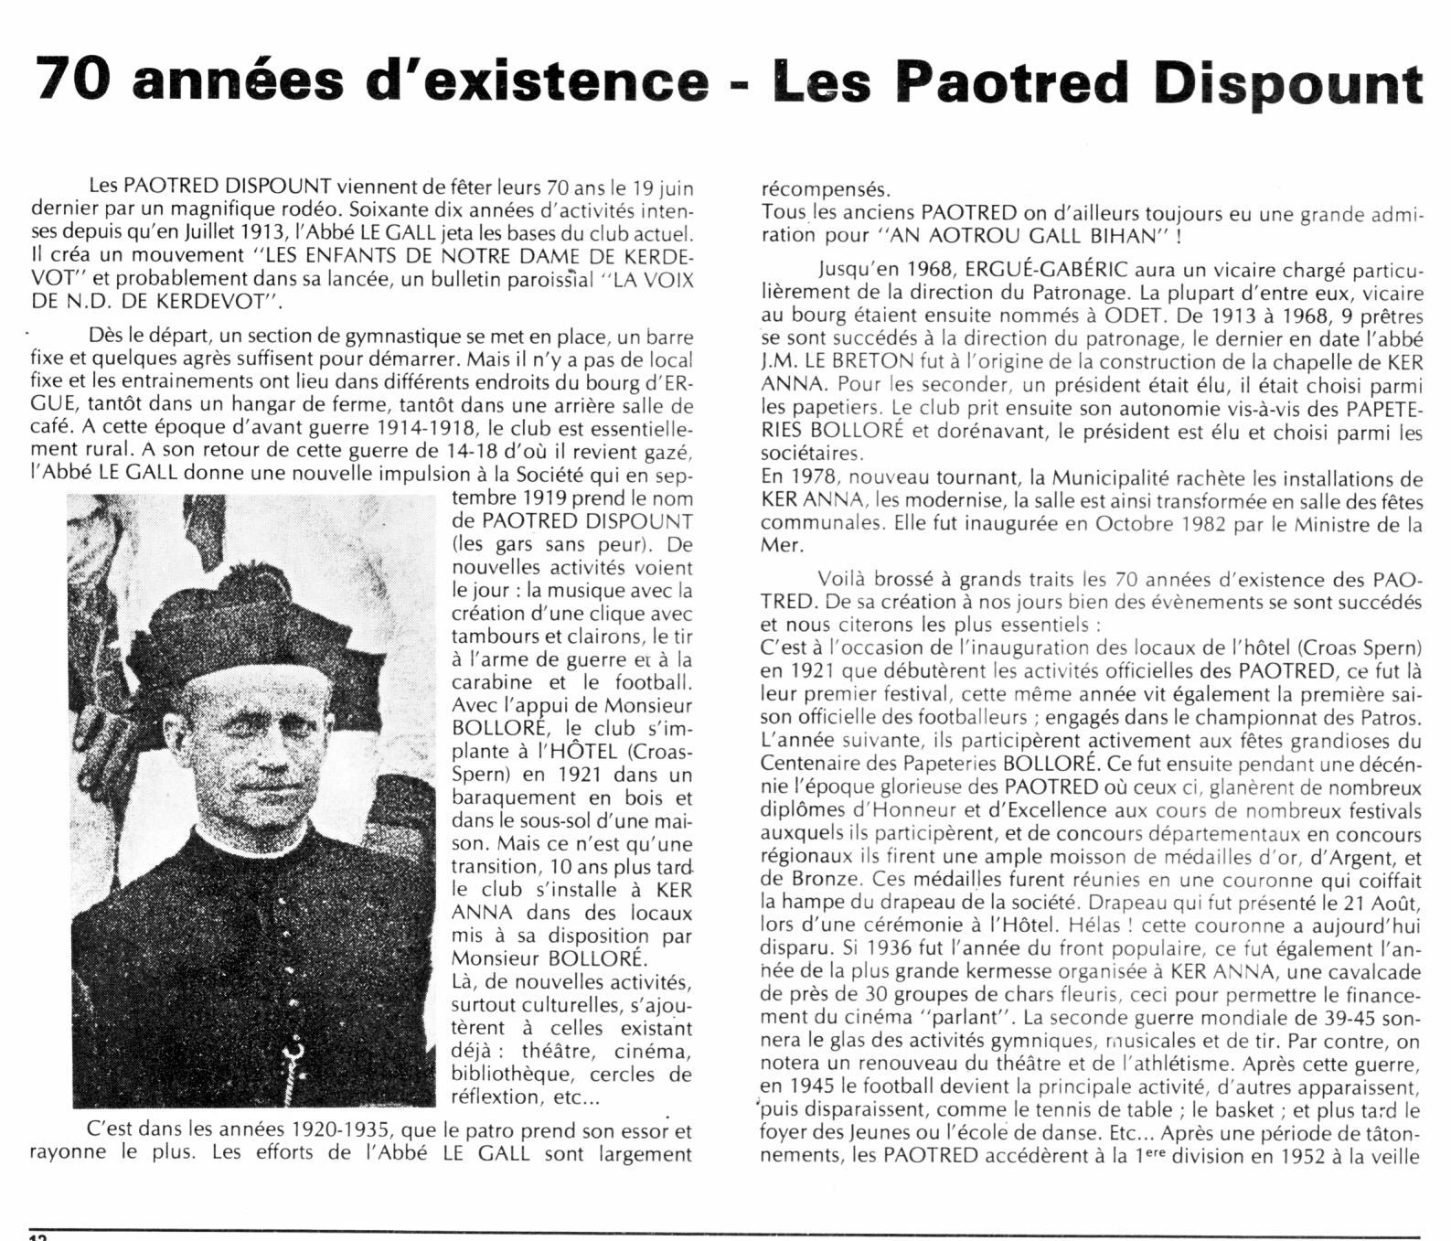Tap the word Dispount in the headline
(x=1289, y=84)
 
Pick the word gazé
(x=672, y=452)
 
